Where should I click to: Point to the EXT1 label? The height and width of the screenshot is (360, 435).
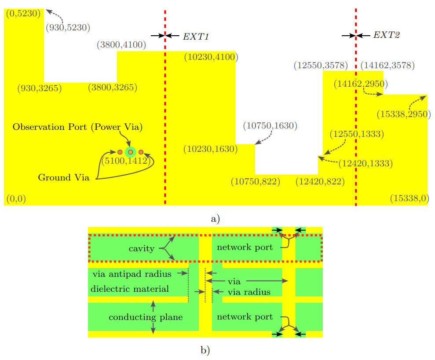(x=196, y=36)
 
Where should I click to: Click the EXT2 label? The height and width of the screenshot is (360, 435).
(x=387, y=35)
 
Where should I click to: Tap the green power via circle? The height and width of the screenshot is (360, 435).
(x=130, y=152)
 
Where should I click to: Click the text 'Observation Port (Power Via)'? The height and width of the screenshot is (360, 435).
(x=78, y=127)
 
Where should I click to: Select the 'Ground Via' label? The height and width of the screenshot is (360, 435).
(x=63, y=178)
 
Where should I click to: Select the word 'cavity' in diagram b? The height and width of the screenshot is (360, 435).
(x=142, y=249)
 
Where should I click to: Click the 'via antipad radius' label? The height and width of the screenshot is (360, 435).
(x=132, y=274)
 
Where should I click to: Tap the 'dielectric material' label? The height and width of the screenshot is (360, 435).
(x=130, y=289)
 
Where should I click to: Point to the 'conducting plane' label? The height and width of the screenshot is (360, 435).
(x=146, y=317)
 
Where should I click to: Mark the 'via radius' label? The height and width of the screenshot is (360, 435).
(x=249, y=292)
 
